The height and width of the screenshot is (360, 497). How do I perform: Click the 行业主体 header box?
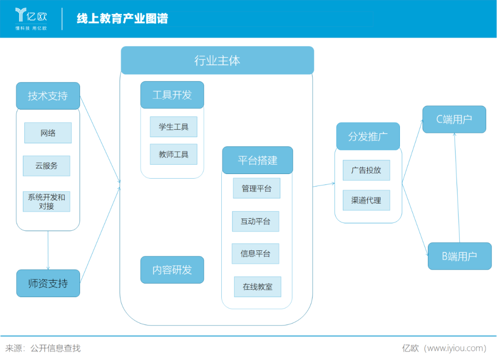pyautogui.click(x=217, y=60)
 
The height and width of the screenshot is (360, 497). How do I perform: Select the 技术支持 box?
pyautogui.click(x=48, y=96)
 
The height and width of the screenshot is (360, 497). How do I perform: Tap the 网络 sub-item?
pyautogui.click(x=48, y=133)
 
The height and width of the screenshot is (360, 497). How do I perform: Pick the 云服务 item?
pyautogui.click(x=46, y=166)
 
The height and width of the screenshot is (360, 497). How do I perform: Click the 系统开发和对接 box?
pyautogui.click(x=46, y=202)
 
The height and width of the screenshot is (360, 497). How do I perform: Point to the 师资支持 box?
pyautogui.click(x=48, y=284)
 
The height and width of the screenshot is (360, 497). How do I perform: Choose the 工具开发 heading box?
pyautogui.click(x=172, y=95)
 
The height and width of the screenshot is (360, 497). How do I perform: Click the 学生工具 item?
pyautogui.click(x=173, y=127)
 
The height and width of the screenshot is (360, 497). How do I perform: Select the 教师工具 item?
pyautogui.click(x=173, y=154)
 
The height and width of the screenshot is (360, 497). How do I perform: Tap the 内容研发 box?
pyautogui.click(x=172, y=270)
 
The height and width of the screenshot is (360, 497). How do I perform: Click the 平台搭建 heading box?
pyautogui.click(x=257, y=160)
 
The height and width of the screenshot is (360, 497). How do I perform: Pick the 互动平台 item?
pyautogui.click(x=255, y=221)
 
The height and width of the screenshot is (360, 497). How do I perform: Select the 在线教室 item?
pyautogui.click(x=257, y=287)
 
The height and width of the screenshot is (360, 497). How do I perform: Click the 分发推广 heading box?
pyautogui.click(x=368, y=136)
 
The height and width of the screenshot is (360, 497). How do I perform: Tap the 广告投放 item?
pyautogui.click(x=366, y=170)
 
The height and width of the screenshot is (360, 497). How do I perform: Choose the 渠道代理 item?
pyautogui.click(x=366, y=200)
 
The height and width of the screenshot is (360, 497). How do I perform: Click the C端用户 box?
pyautogui.click(x=454, y=119)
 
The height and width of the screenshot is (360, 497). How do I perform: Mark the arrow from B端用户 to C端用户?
pyautogui.click(x=457, y=189)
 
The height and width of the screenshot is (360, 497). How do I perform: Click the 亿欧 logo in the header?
pyautogui.click(x=31, y=18)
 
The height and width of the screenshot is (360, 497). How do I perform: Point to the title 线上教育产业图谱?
pyautogui.click(x=122, y=18)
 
